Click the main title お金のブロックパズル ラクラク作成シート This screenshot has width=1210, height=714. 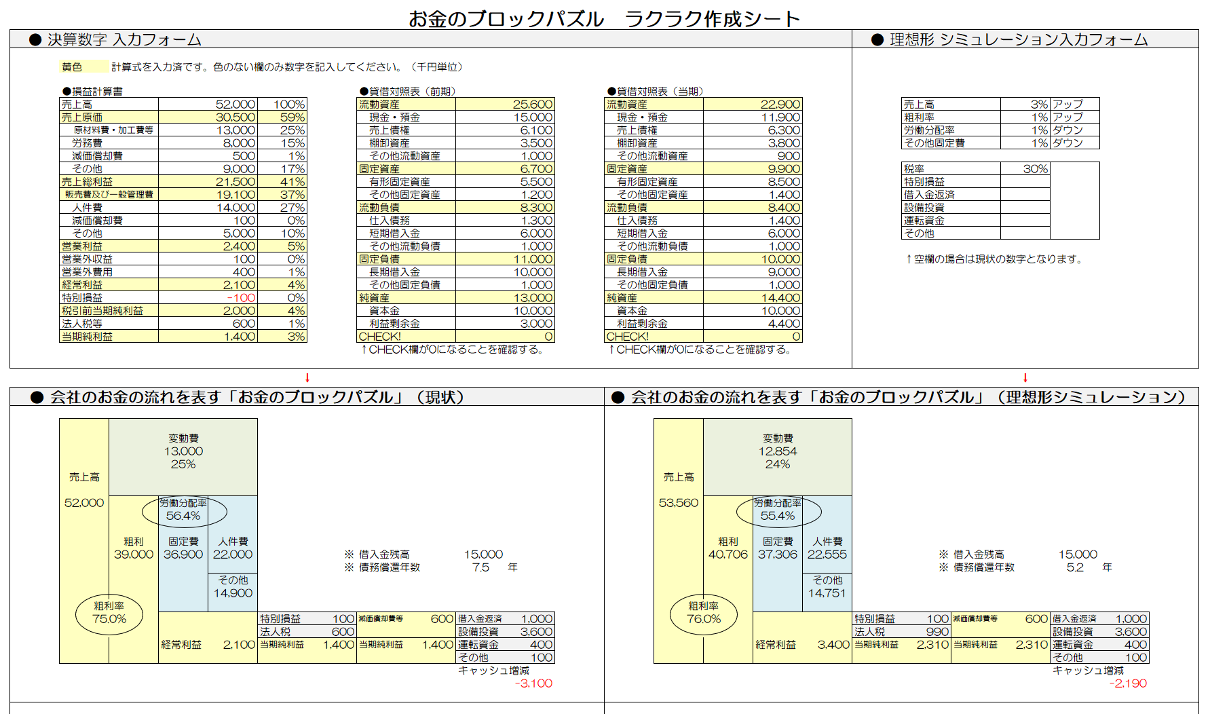[x=604, y=18]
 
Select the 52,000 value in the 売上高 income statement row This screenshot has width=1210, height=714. [x=235, y=105]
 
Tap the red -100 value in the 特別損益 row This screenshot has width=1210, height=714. [x=241, y=298]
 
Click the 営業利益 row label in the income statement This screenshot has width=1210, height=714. [x=82, y=246]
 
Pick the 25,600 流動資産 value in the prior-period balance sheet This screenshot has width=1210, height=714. [x=532, y=105]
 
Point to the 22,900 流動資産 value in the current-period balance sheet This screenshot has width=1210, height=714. [x=780, y=105]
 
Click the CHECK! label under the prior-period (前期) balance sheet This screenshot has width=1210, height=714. [x=380, y=337]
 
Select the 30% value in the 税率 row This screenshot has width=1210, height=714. [x=1035, y=169]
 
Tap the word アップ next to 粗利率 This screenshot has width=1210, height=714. [x=1067, y=117]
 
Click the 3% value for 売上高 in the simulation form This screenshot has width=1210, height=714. [x=1038, y=105]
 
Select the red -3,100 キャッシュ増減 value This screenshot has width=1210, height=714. [x=533, y=683]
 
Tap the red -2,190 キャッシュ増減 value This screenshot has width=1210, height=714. [x=1128, y=683]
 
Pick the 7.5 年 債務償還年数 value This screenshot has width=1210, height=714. [x=480, y=567]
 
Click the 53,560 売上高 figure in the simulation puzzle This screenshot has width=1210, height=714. [x=678, y=503]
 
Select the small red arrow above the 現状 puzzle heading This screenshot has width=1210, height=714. [x=307, y=378]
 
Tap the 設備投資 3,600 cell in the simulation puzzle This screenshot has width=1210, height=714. [x=1099, y=632]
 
